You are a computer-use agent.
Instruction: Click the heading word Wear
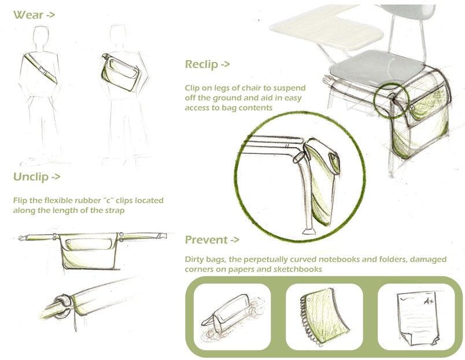click(x=28, y=15)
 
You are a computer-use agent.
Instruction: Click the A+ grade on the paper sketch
click(x=428, y=301)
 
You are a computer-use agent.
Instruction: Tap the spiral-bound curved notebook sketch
click(x=323, y=317)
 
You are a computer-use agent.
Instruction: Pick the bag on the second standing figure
click(x=120, y=72)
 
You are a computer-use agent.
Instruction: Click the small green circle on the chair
click(x=391, y=101)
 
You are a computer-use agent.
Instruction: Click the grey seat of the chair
click(x=377, y=68)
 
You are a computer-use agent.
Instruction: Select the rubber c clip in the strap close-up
click(x=62, y=306)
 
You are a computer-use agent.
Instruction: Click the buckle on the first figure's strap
click(x=42, y=70)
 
